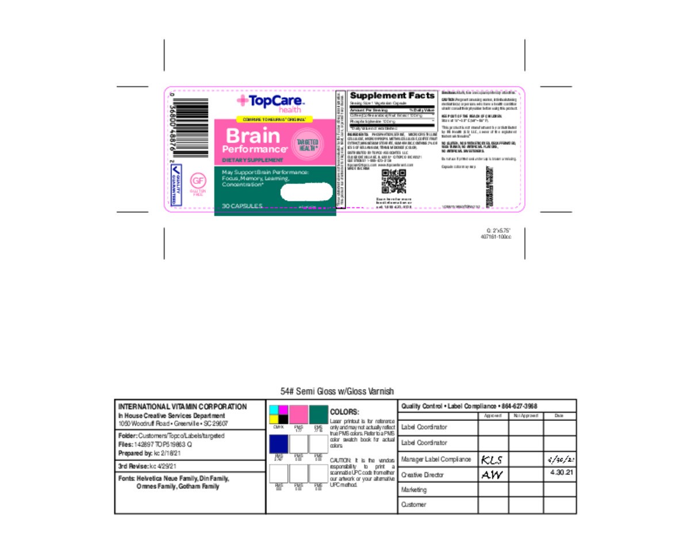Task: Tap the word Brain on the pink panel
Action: (x=252, y=136)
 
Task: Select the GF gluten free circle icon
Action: (x=198, y=181)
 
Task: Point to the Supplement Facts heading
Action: (x=392, y=95)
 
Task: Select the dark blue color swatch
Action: (x=279, y=443)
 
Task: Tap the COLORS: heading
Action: (x=344, y=412)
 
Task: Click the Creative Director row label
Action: (x=423, y=475)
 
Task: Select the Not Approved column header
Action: (x=525, y=415)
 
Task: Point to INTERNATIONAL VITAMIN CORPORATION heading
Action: (x=182, y=407)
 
